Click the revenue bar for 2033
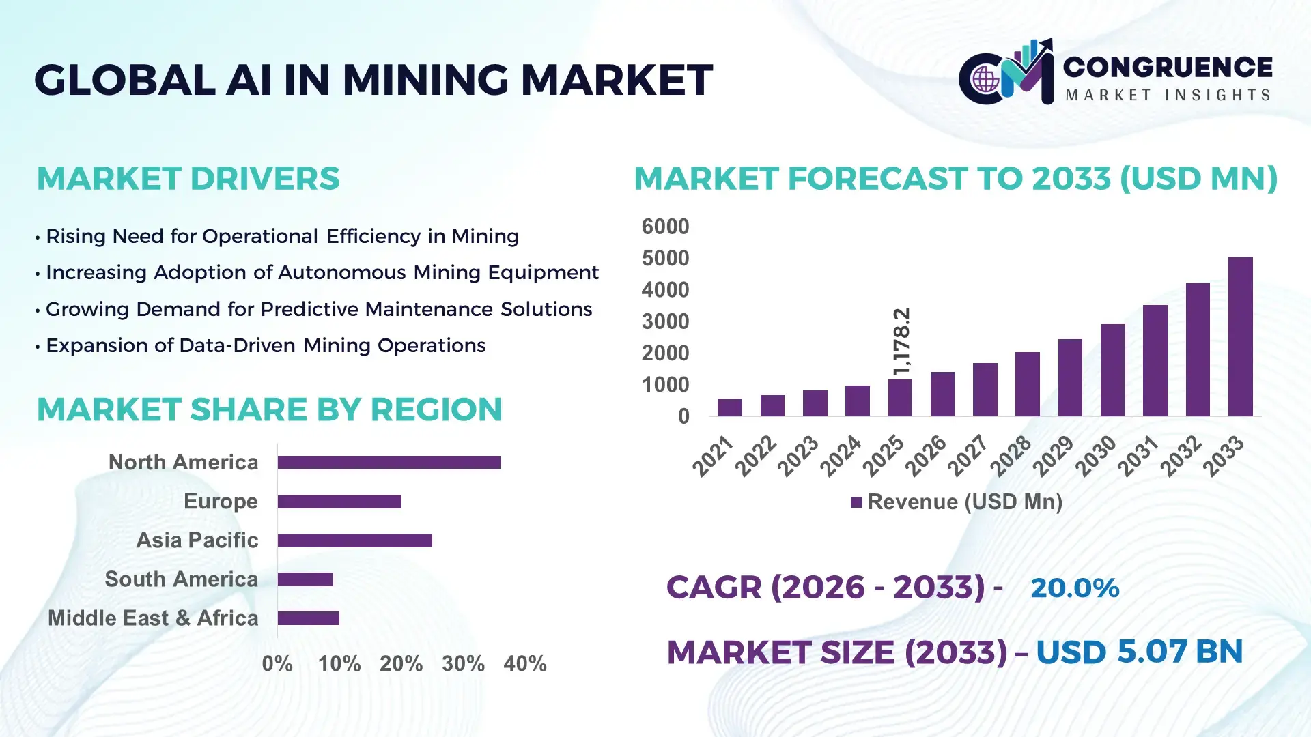click(1240, 336)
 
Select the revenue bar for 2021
click(729, 407)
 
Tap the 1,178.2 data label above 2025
click(901, 341)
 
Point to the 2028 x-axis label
click(1011, 455)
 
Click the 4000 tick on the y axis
click(665, 290)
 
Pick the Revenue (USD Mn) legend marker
click(856, 502)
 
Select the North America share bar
click(389, 463)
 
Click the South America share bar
click(305, 579)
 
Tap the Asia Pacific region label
click(197, 540)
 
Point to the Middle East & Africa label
click(153, 618)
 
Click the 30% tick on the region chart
click(463, 663)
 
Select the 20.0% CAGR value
click(1075, 588)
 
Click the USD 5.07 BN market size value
click(1139, 652)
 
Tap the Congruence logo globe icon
click(985, 80)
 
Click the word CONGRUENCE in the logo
click(1168, 67)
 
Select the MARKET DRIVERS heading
click(188, 179)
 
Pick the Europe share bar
click(339, 502)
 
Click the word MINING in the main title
click(425, 80)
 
